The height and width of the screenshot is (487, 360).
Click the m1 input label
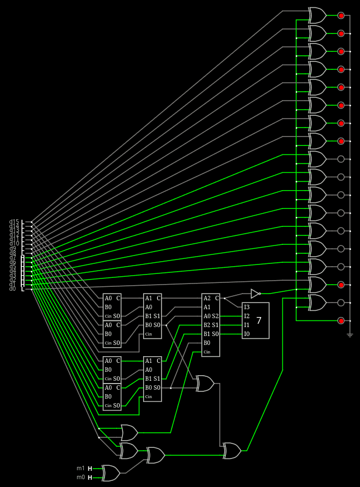pyautogui.click(x=80, y=469)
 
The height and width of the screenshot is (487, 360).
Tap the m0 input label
pyautogui.click(x=80, y=477)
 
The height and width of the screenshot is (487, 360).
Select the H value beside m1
pyautogui.click(x=90, y=469)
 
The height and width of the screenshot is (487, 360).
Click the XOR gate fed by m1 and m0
pyautogui.click(x=111, y=473)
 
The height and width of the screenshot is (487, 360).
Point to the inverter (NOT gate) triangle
pyautogui.click(x=255, y=294)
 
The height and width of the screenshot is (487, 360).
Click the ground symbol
pyautogui.click(x=350, y=335)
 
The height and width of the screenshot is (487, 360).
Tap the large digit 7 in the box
pyautogui.click(x=259, y=320)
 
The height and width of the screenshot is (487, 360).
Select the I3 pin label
pyautogui.click(x=247, y=307)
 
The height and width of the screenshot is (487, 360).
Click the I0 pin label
pyautogui.click(x=247, y=334)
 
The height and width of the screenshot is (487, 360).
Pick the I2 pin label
pyautogui.click(x=247, y=316)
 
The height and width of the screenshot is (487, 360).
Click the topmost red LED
pyautogui.click(x=341, y=16)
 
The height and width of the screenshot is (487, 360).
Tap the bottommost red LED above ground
pyautogui.click(x=341, y=320)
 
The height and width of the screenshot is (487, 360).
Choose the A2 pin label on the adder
pyautogui.click(x=207, y=298)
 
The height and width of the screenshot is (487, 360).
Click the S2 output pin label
pyautogui.click(x=215, y=316)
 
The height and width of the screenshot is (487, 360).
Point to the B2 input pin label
pyautogui.click(x=207, y=325)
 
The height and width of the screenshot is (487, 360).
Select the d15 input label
pyautogui.click(x=14, y=222)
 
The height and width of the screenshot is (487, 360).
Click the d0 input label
pyautogui.click(x=12, y=289)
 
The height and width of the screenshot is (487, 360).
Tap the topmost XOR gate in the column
pyautogui.click(x=317, y=15)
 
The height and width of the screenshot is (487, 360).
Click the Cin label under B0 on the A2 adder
pyautogui.click(x=207, y=352)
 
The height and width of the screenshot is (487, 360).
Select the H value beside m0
pyautogui.click(x=90, y=477)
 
